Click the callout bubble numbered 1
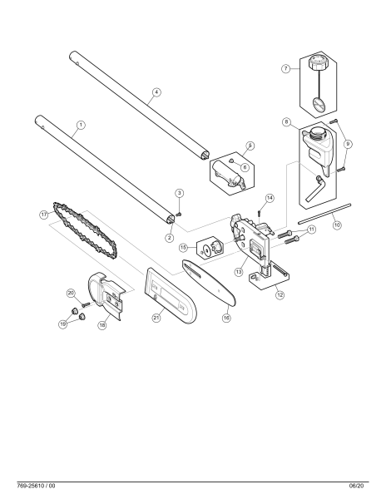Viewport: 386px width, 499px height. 81,126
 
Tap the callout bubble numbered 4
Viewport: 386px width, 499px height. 156,92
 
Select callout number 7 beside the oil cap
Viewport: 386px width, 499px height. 285,69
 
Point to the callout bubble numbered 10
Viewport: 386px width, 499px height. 337,224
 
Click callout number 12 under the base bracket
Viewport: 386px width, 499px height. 280,294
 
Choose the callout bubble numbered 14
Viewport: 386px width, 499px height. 270,198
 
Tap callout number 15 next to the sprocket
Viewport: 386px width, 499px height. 183,248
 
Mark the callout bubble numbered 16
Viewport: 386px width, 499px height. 226,317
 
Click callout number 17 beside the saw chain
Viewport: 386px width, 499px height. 44,214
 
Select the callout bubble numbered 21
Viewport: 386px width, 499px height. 156,317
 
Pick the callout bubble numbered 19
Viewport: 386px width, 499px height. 62,323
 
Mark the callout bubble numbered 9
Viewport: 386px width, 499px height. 348,144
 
